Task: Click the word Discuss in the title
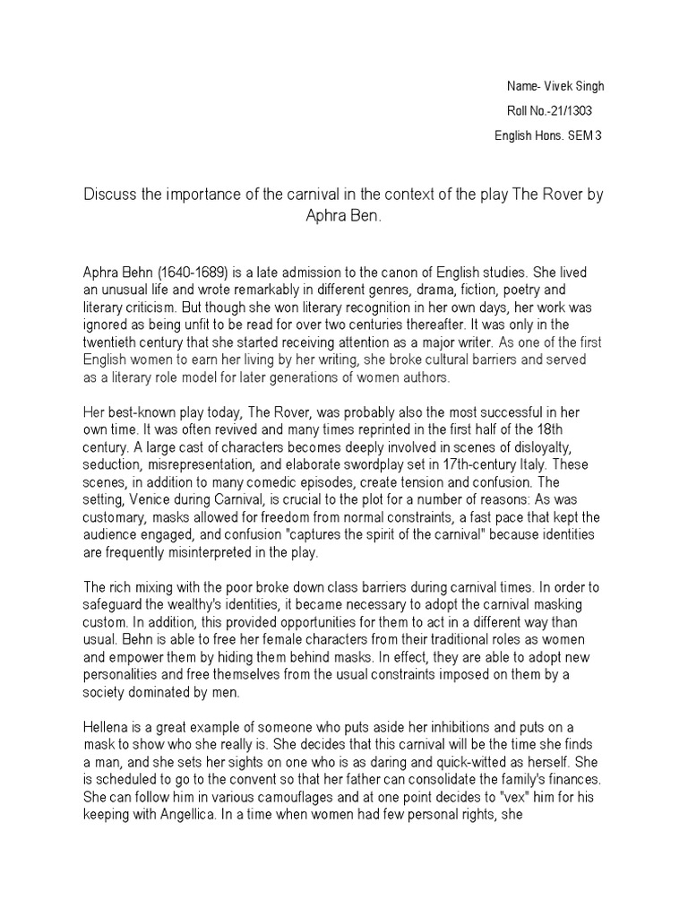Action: (x=107, y=195)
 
